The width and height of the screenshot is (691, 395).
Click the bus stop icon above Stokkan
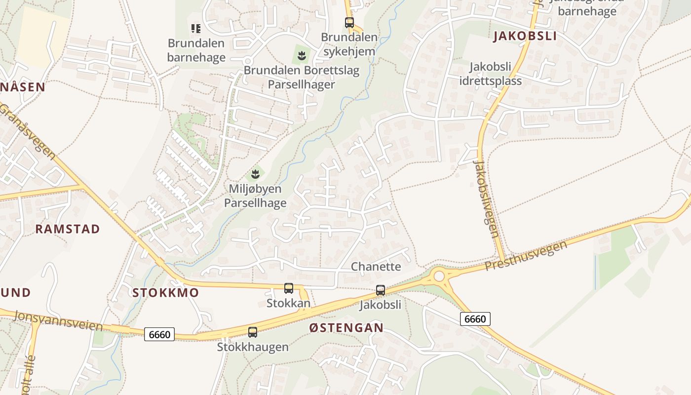289,288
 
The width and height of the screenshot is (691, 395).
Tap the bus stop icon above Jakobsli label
381,290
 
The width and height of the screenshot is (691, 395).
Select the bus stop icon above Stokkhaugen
253,332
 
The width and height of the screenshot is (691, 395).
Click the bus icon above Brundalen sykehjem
349,22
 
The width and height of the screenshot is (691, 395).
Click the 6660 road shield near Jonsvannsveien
159,334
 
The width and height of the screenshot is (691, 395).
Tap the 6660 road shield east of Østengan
475,319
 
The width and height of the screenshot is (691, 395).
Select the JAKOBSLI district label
525,36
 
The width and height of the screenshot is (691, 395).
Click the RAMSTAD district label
68,229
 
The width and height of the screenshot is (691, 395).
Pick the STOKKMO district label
166,292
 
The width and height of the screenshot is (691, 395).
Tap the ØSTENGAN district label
346,328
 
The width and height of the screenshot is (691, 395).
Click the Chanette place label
376,267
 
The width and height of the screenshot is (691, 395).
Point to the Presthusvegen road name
526,256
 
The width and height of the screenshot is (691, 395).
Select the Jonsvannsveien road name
59,321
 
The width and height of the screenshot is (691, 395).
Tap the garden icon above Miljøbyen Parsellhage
255,174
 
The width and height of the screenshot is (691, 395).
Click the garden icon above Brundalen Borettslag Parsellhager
302,56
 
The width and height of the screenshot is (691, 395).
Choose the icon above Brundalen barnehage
196,29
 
